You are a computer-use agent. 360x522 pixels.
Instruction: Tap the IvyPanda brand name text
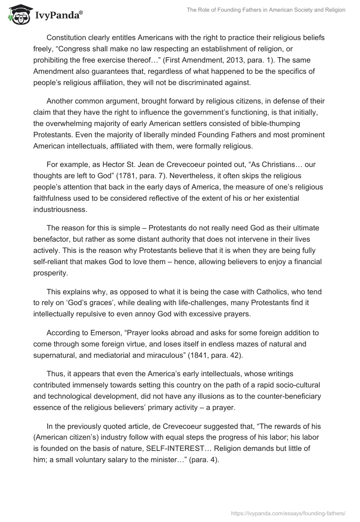[58, 16]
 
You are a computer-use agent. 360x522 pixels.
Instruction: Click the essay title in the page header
[266, 10]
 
